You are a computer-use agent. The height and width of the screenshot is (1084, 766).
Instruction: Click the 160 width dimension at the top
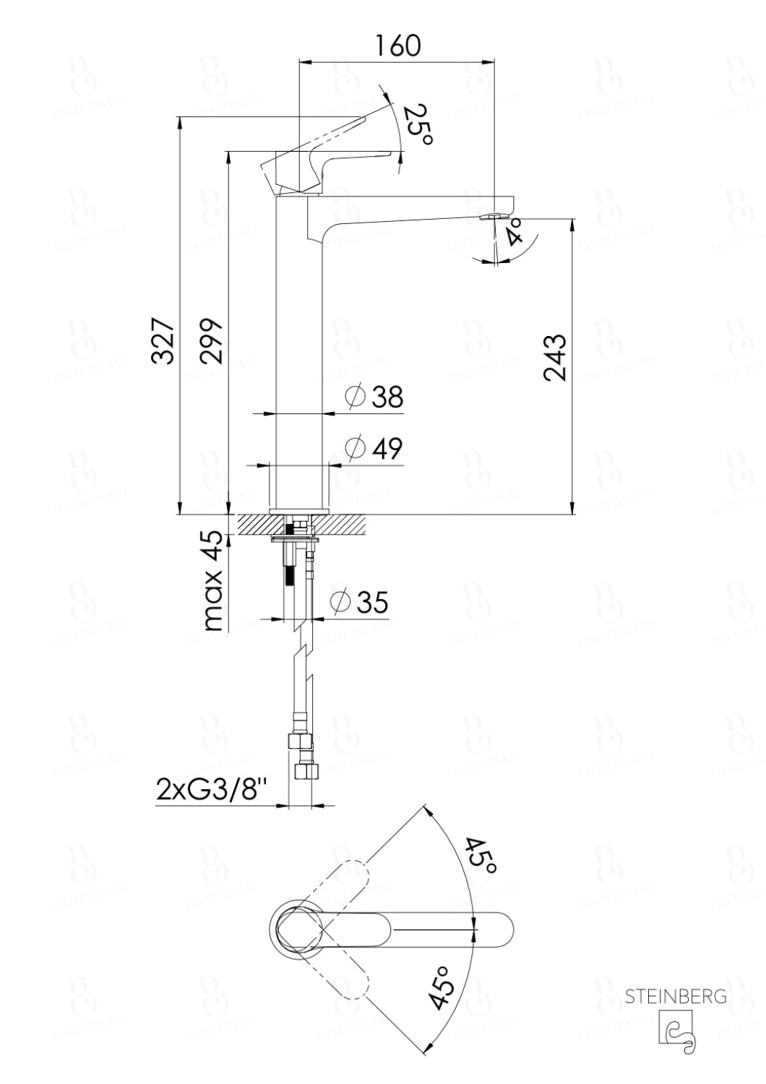coord(397,45)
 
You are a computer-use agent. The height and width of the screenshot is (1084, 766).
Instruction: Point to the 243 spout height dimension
coord(554,356)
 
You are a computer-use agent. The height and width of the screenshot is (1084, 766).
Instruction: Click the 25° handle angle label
coord(418,124)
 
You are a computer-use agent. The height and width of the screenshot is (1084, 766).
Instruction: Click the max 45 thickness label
coord(212,580)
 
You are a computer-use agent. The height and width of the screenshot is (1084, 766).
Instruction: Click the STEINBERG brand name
coord(676,997)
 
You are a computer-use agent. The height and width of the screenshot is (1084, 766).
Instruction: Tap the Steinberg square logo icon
coord(676,1028)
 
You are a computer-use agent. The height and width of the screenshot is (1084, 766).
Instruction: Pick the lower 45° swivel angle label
coord(442,987)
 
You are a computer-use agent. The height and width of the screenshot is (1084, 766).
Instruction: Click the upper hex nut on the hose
coord(298,741)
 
